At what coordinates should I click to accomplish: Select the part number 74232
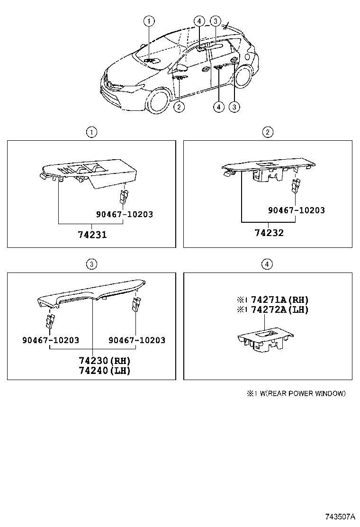(269, 233)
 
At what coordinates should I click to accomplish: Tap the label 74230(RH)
(105, 361)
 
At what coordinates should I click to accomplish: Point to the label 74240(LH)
(105, 371)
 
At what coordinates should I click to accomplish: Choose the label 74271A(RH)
(279, 300)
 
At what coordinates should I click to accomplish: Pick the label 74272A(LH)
(279, 309)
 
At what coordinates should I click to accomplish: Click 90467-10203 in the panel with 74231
(125, 214)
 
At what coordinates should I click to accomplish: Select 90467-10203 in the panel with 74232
(297, 210)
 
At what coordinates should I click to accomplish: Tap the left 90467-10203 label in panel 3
(50, 340)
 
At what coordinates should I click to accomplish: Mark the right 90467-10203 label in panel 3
(137, 340)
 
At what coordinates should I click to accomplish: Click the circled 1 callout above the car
(149, 20)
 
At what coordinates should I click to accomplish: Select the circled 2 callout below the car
(179, 107)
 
